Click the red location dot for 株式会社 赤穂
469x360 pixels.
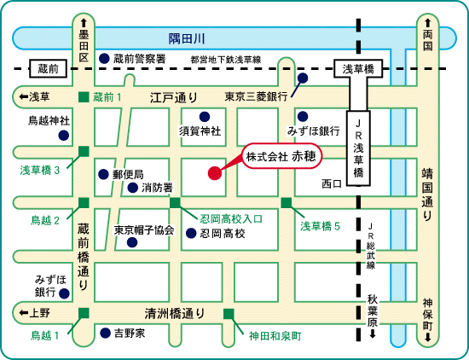pos(214,173)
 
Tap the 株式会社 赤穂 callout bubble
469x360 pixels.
pos(281,156)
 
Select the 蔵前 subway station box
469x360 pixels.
pos(48,68)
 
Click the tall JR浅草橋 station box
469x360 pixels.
pos(358,148)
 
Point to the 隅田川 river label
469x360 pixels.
pos(187,38)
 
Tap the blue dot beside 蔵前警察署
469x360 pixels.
pos(104,58)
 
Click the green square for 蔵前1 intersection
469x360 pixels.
pos(84,97)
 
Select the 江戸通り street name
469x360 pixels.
pos(173,97)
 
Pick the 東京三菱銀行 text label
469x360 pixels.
pos(256,96)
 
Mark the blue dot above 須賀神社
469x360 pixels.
pos(205,117)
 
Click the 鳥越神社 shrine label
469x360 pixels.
pos(49,120)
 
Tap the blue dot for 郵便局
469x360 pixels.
pos(103,174)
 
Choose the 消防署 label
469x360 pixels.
pos(157,188)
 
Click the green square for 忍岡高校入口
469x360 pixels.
pos(175,202)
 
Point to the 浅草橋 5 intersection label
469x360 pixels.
pos(320,226)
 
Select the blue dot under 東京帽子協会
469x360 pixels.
pos(132,242)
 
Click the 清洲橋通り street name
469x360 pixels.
pos(175,314)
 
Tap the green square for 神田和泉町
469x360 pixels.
pos(229,314)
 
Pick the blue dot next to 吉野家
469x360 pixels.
pos(105,333)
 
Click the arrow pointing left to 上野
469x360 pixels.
pos(24,313)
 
